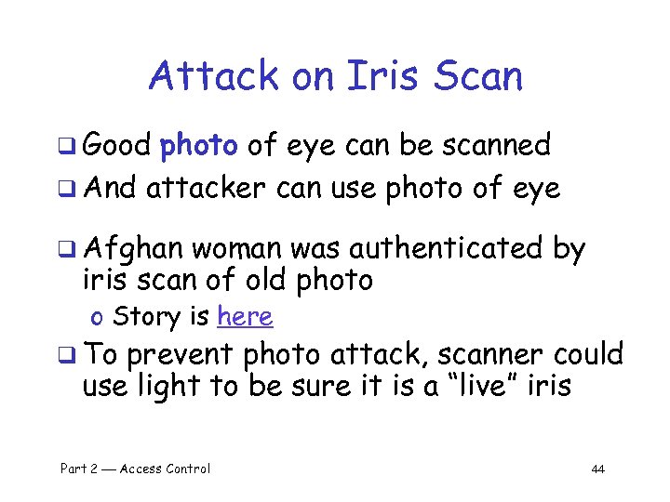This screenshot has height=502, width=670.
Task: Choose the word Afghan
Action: [x=136, y=249]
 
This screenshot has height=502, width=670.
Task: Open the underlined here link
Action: [x=244, y=317]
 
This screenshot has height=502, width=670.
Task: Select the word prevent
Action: [x=181, y=355]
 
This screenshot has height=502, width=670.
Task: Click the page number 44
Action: [x=597, y=469]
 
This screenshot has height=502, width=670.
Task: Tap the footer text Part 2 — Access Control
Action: [x=135, y=469]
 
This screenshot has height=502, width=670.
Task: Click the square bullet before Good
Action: [x=74, y=146]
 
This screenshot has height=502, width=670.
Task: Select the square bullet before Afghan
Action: [x=74, y=250]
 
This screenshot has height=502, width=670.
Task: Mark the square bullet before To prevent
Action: [x=74, y=356]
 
